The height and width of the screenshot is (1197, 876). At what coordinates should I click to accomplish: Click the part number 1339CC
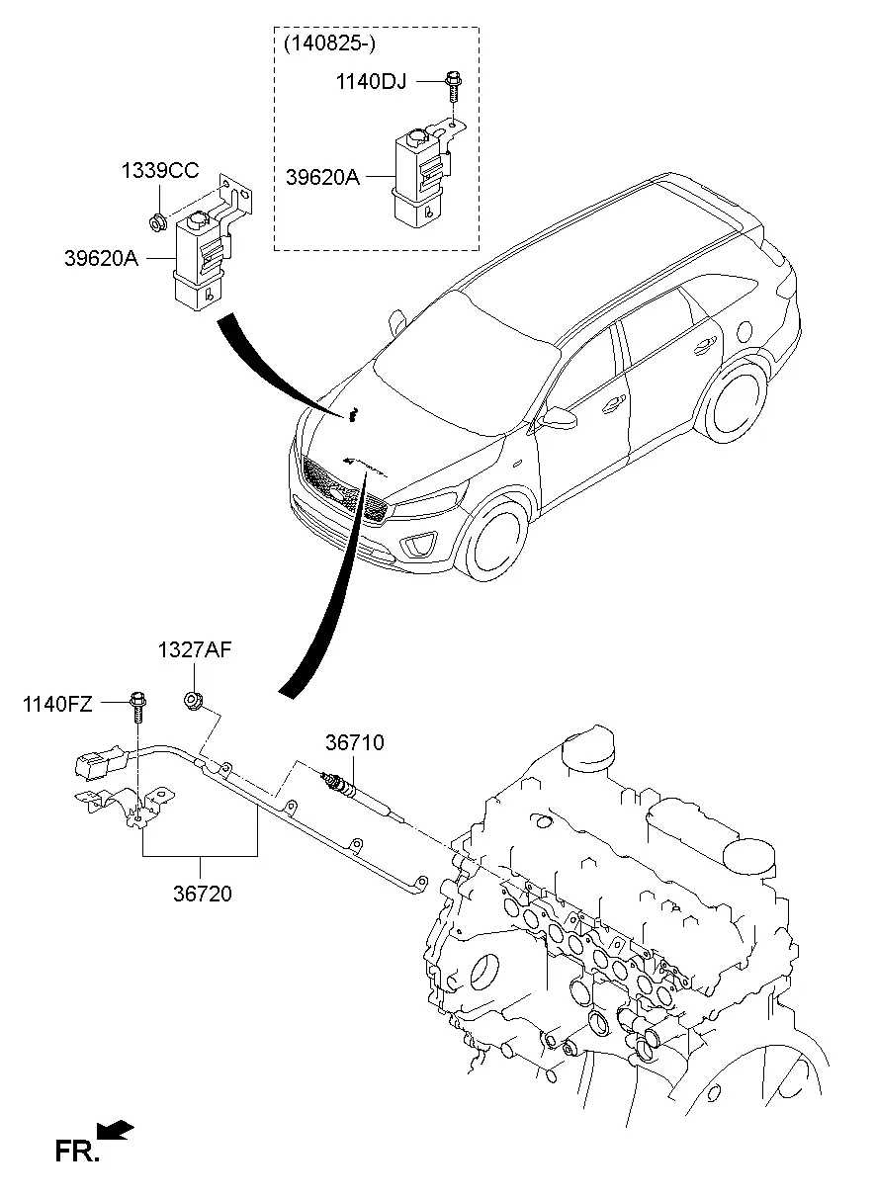(x=160, y=171)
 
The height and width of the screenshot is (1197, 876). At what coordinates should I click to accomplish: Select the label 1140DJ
(x=371, y=82)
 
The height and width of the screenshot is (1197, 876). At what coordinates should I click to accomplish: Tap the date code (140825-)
(x=329, y=43)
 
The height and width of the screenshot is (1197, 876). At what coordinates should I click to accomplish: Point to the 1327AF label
(x=195, y=649)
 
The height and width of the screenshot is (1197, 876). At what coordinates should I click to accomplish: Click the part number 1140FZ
(x=57, y=705)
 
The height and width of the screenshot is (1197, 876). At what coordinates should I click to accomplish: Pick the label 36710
(x=355, y=742)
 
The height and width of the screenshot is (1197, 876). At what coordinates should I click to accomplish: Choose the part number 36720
(x=203, y=894)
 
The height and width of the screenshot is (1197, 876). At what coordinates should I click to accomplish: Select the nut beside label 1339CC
(x=156, y=221)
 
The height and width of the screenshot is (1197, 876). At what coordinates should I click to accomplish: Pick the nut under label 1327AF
(x=193, y=700)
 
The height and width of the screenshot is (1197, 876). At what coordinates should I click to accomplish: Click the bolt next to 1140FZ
(x=137, y=707)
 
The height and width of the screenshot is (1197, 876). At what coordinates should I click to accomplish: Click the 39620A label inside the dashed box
(x=323, y=177)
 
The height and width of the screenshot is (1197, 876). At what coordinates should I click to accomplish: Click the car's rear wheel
(x=737, y=401)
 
